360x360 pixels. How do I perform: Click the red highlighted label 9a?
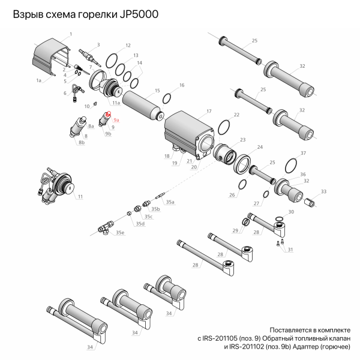click(117, 120)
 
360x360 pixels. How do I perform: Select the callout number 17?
click(209, 111)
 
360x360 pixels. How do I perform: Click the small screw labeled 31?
click(280, 242)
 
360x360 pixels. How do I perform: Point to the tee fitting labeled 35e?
click(106, 228)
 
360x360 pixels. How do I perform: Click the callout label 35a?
click(170, 203)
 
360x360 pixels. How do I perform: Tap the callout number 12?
click(128, 46)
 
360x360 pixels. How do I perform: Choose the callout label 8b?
click(81, 143)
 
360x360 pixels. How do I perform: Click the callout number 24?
click(259, 147)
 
